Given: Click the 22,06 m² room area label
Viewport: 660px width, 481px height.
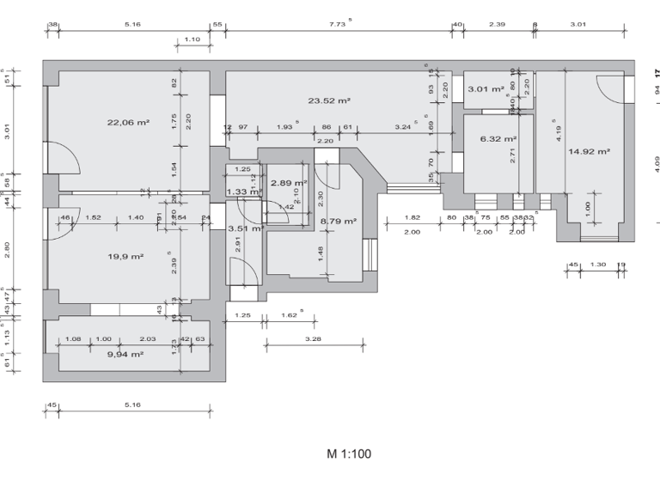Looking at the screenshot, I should click(x=128, y=123).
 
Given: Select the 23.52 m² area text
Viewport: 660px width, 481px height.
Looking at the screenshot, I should click(x=328, y=100).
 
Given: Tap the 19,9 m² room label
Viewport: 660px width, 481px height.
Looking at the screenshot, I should click(x=125, y=256).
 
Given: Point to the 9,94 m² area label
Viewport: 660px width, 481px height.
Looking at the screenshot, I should click(x=125, y=353).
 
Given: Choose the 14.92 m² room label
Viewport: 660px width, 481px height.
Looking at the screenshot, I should click(x=589, y=151).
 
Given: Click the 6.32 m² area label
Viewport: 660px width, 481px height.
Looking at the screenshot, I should click(x=498, y=138).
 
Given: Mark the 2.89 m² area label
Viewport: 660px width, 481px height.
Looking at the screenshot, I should click(x=288, y=183).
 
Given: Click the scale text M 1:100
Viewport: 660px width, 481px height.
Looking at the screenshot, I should click(x=349, y=454).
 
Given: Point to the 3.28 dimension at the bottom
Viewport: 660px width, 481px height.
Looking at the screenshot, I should click(x=313, y=339).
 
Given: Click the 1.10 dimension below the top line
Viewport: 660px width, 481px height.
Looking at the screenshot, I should click(x=192, y=40).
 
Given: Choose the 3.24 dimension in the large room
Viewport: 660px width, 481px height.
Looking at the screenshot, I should click(x=402, y=127).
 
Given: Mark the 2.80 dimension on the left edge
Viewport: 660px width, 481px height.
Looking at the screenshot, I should click(x=7, y=249).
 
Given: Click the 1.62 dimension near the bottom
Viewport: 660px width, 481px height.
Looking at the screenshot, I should click(x=290, y=316).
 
